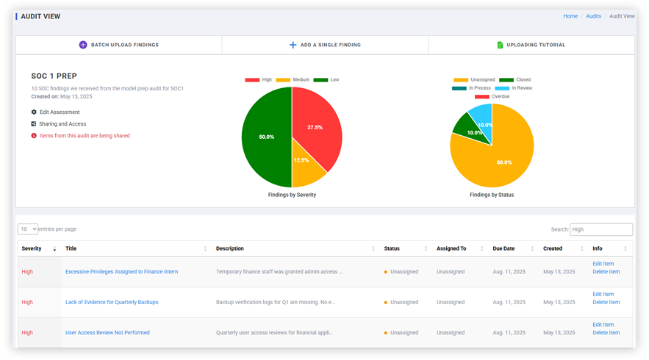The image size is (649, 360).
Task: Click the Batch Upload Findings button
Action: coord(119,45)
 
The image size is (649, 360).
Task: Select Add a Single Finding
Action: coord(325,45)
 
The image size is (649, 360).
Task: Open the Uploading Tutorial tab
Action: coord(531,45)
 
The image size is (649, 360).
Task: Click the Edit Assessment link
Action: coord(59,112)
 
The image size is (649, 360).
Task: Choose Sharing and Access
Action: coord(62,124)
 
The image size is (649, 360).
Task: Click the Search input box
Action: coord(600,229)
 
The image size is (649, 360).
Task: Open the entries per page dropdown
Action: coord(28,229)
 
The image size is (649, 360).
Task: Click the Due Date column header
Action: coord(503,248)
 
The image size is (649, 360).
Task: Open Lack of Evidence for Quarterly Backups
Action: coord(112,302)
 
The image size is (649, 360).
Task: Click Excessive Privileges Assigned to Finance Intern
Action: coord(121,272)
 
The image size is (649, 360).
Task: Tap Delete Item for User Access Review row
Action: coord(606,333)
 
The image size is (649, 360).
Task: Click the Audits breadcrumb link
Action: coord(593,16)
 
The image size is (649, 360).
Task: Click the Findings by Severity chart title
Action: coord(292,195)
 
